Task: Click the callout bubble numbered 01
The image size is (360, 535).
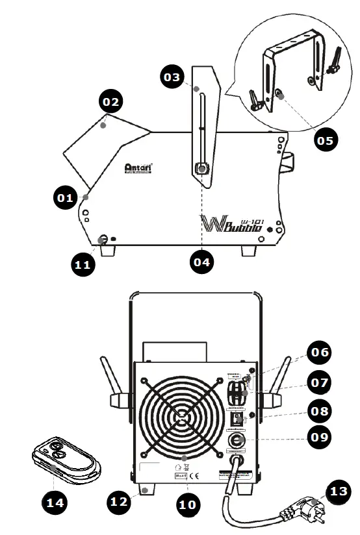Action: [66, 198]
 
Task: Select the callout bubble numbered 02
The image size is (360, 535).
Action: [111, 103]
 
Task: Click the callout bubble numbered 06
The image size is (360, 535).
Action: [320, 354]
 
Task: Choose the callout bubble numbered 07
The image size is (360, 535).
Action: [320, 382]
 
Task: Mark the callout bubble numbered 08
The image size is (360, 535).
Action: [320, 410]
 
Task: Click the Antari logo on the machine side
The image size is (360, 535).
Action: [138, 168]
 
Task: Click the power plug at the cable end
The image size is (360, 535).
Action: [298, 513]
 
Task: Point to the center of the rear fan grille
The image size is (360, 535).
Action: [185, 414]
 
